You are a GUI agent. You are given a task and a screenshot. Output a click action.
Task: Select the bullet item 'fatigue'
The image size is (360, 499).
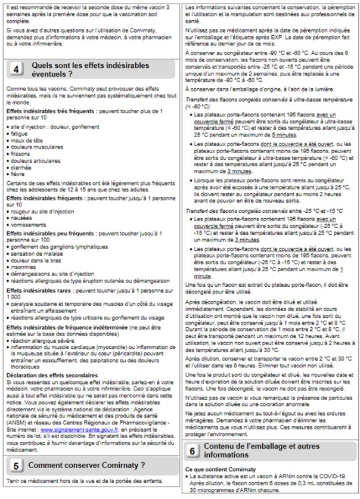click(19, 134)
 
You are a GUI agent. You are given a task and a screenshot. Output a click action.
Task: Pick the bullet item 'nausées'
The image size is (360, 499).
click(20, 218)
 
